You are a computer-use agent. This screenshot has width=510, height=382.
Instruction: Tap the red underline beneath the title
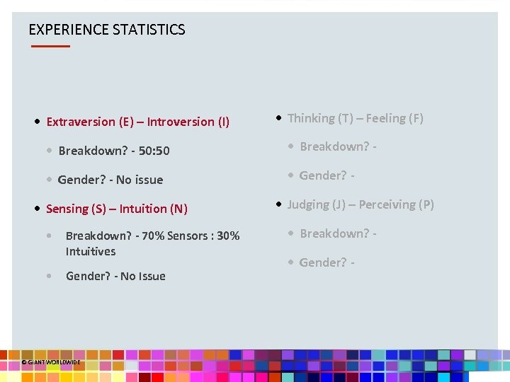[50, 46]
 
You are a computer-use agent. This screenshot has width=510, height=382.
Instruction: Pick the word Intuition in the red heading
[144, 209]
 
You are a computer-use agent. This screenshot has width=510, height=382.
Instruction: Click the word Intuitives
[91, 251]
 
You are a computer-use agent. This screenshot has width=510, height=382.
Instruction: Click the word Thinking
[311, 118]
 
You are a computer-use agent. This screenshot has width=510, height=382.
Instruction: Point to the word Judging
[309, 204]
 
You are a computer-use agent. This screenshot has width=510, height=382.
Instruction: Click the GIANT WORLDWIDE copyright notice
[51, 361]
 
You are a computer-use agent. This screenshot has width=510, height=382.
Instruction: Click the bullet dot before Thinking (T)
[280, 117]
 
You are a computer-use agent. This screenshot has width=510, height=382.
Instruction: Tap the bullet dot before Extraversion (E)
[37, 122]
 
